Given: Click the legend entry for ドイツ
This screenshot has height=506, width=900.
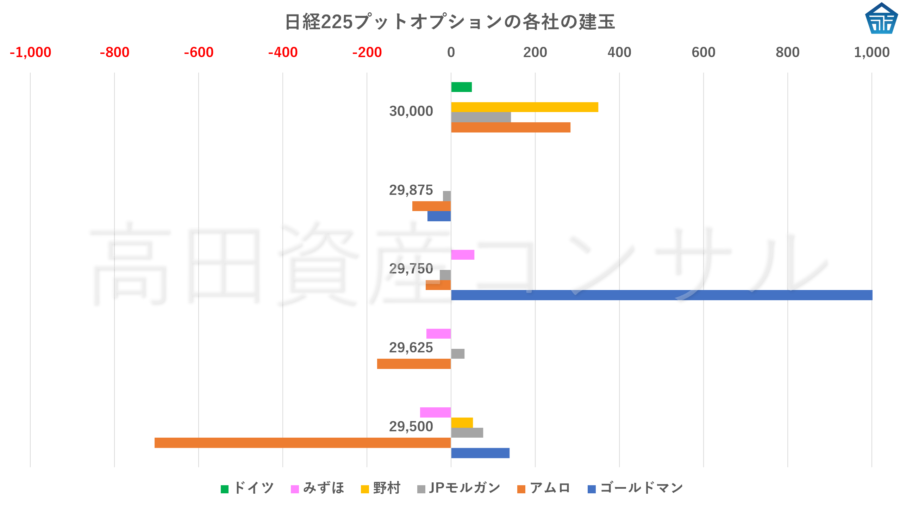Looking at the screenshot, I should tap(247, 488).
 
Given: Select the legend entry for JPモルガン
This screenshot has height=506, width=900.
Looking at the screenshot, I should tap(459, 488).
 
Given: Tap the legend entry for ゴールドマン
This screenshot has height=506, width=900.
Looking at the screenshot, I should tap(636, 488).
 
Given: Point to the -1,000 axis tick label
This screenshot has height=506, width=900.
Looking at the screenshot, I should tap(31, 53).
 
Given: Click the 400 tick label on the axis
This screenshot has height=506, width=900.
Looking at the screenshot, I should tap(619, 53).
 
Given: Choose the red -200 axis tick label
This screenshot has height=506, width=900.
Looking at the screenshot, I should tap(367, 53).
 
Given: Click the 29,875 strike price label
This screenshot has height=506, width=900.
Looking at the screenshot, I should tap(411, 190).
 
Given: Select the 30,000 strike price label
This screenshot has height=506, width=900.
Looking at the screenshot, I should tap(411, 111).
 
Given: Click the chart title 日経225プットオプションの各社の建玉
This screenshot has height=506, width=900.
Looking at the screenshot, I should tap(450, 22).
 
